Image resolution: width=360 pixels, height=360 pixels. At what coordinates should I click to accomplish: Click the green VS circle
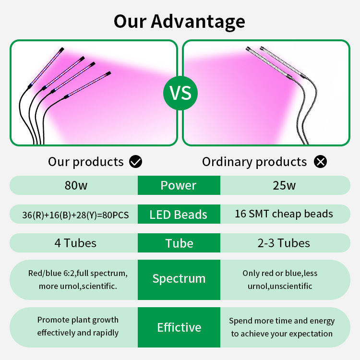click(180, 93)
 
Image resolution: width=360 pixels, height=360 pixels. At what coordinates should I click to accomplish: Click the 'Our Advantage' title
click(180, 22)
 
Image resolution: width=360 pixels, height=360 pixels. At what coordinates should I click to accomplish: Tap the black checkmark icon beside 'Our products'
click(135, 161)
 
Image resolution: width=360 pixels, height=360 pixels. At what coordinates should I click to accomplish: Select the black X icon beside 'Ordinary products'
click(320, 161)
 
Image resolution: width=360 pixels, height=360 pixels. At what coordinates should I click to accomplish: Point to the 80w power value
click(76, 185)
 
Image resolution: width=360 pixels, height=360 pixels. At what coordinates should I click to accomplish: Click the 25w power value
click(284, 185)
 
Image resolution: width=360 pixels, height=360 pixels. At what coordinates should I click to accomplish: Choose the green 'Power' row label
click(179, 185)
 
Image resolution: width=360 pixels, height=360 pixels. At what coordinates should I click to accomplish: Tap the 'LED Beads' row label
click(179, 214)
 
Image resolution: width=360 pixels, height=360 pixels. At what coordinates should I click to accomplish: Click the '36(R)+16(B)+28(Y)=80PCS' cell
click(75, 215)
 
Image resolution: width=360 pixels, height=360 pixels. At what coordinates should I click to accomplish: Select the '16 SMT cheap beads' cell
click(284, 214)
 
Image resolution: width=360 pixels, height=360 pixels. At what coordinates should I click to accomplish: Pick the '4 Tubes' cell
click(75, 243)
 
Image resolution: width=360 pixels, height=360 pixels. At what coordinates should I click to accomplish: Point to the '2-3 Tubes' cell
click(284, 243)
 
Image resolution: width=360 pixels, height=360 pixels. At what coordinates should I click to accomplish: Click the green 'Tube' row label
click(179, 243)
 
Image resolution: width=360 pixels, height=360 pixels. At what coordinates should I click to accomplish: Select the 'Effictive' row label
click(179, 327)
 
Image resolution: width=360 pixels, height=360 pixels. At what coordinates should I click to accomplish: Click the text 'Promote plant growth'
click(78, 320)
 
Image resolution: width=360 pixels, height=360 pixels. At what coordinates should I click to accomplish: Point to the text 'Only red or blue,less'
click(280, 273)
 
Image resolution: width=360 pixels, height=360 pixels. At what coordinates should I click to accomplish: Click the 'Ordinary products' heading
click(254, 162)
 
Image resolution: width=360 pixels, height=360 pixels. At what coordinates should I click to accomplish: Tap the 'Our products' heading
click(86, 162)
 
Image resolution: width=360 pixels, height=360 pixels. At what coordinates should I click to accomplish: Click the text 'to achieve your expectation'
click(282, 334)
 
